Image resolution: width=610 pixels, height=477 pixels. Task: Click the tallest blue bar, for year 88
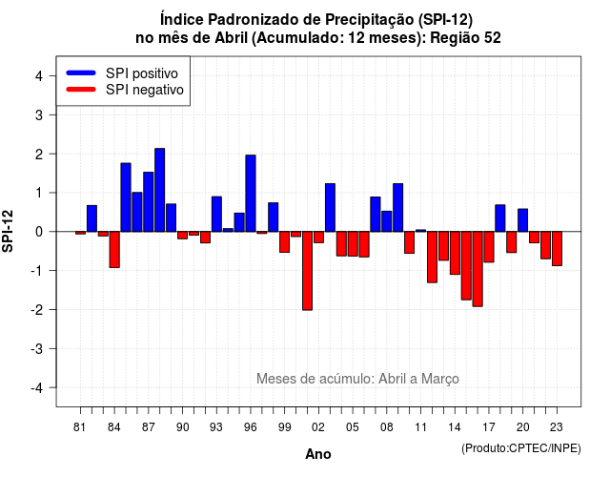159,190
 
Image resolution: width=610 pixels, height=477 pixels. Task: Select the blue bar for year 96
251,194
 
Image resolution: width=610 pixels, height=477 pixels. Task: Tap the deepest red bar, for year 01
307,271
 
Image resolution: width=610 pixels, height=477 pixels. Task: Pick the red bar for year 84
114,250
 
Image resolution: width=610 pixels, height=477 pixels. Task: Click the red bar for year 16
478,269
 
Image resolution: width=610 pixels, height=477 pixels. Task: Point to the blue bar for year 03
330,208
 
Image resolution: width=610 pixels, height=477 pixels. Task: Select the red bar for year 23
557,249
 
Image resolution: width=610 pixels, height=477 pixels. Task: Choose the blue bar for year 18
500,218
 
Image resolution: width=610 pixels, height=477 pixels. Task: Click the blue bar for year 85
126,197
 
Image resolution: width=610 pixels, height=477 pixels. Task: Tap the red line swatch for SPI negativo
81,89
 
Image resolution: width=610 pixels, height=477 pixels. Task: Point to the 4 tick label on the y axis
39,76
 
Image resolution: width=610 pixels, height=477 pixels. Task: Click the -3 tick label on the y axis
37,348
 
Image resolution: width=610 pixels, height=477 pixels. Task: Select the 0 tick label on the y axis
39,232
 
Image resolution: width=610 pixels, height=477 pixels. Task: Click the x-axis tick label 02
317,427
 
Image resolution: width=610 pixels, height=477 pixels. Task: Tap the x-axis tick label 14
454,427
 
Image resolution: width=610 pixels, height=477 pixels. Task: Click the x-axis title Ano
318,454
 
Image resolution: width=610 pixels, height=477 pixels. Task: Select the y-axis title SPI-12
8,231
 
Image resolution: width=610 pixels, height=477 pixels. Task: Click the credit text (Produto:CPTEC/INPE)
521,448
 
